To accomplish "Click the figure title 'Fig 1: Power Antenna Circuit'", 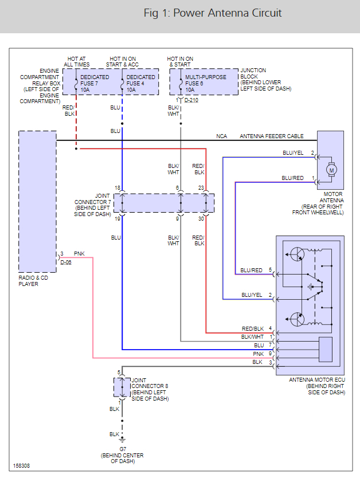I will [213, 13].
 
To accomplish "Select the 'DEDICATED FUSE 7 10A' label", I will [95, 83].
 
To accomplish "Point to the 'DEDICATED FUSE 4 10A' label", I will [140, 83].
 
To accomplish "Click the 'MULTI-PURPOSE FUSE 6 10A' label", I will [205, 83].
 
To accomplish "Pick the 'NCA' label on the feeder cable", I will [221, 136].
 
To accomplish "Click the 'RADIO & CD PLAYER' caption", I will [37, 280].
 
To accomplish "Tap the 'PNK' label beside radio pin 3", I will [79, 253].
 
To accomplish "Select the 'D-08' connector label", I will [66, 262].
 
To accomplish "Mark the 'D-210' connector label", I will [191, 101].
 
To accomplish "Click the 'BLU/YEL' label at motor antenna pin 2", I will [293, 153].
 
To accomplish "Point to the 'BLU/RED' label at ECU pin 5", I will [252, 270].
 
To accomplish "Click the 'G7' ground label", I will [122, 449].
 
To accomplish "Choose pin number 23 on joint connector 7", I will [201, 188].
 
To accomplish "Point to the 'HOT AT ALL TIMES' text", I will [76, 61].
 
